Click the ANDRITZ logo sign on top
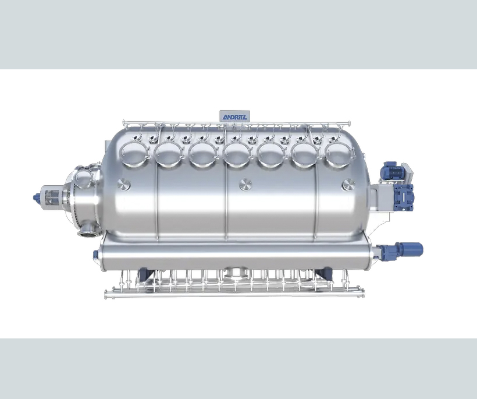tap(234, 116)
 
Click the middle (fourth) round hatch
tap(237, 155)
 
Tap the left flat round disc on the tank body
tap(123, 185)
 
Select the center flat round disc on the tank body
tap(245, 185)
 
